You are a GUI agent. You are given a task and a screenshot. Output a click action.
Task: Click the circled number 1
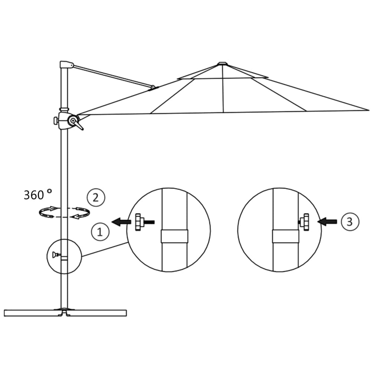(100, 232)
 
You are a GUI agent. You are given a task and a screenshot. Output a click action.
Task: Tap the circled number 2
(96, 197)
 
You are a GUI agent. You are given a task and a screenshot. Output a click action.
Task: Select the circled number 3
(349, 222)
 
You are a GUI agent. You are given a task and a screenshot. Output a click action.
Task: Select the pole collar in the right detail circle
(285, 236)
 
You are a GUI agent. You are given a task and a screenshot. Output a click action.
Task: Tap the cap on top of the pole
(66, 65)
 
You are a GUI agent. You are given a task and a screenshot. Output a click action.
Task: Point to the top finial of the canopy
(222, 63)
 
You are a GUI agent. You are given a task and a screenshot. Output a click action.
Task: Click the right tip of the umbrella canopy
(367, 110)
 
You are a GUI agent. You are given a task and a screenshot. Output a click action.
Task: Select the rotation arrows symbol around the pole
(65, 212)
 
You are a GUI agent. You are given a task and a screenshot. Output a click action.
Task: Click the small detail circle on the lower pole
(64, 256)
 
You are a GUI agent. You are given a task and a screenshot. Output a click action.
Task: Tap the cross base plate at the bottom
(65, 312)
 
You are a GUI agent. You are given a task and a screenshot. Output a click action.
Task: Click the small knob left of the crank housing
(55, 121)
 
